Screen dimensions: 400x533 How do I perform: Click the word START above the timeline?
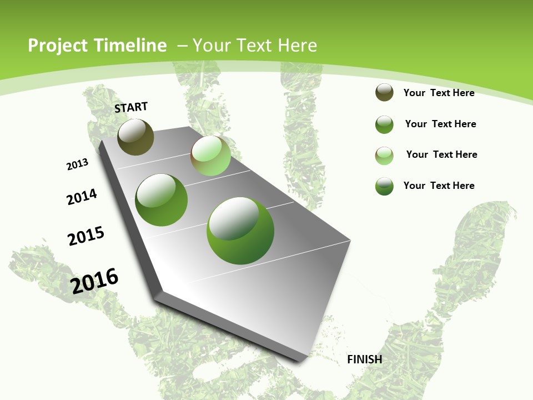[x=131, y=107]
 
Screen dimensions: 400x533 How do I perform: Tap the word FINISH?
[x=364, y=359]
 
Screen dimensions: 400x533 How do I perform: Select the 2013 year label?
[x=77, y=164]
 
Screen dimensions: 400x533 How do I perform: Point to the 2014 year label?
[x=82, y=197]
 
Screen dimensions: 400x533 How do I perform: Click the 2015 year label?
[x=86, y=236]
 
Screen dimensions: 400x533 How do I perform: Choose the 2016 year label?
[x=94, y=281]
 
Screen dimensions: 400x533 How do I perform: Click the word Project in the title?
[x=58, y=46]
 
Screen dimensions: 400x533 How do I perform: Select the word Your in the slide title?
[x=210, y=46]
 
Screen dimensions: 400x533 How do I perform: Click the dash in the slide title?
[x=182, y=46]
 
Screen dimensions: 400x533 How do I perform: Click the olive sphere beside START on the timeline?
[x=135, y=137]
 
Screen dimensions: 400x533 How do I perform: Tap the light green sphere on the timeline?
[x=210, y=156]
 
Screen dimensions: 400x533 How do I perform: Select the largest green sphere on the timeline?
[x=240, y=230]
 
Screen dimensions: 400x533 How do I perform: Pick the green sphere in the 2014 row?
[x=161, y=200]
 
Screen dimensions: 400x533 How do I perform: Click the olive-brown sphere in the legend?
[x=384, y=93]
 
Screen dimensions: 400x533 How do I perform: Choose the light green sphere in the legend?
[x=384, y=155]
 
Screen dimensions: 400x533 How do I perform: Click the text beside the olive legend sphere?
[x=439, y=93]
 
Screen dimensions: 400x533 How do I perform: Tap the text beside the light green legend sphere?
[x=441, y=154]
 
